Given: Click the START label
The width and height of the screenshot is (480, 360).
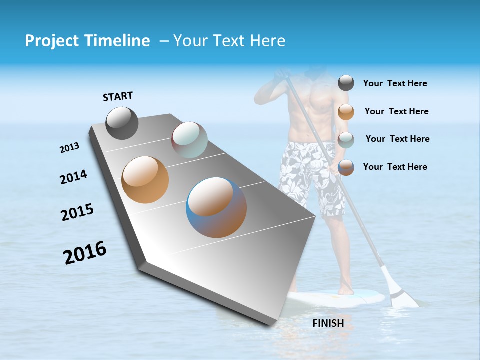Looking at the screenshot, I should pyautogui.click(x=118, y=96).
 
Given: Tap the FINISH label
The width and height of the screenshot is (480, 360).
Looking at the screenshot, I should pyautogui.click(x=328, y=323).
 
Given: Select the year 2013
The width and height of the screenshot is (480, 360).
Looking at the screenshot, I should pyautogui.click(x=69, y=148).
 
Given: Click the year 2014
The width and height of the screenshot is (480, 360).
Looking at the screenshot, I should pyautogui.click(x=73, y=177).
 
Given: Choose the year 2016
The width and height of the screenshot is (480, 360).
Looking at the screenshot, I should pyautogui.click(x=85, y=253).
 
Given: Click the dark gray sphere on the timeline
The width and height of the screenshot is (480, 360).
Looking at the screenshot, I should pyautogui.click(x=122, y=123).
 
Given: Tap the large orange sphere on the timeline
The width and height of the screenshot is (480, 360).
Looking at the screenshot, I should pyautogui.click(x=145, y=180).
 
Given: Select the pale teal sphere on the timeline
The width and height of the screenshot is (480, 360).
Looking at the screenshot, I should pyautogui.click(x=189, y=140).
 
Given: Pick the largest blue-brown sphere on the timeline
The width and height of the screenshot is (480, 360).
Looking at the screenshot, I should pyautogui.click(x=216, y=207).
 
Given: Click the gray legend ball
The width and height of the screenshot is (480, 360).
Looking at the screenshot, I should pyautogui.click(x=346, y=83).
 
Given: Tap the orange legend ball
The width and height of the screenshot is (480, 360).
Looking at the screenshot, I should pyautogui.click(x=346, y=112).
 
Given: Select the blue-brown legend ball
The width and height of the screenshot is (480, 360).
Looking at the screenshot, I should pyautogui.click(x=346, y=167).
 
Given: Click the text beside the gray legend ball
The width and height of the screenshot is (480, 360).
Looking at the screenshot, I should pyautogui.click(x=395, y=84).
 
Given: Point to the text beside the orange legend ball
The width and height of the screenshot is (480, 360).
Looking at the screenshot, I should pyautogui.click(x=396, y=111).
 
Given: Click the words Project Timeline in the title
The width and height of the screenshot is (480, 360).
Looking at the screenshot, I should pyautogui.click(x=87, y=41).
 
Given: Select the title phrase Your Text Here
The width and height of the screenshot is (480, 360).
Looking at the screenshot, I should pyautogui.click(x=229, y=41).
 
